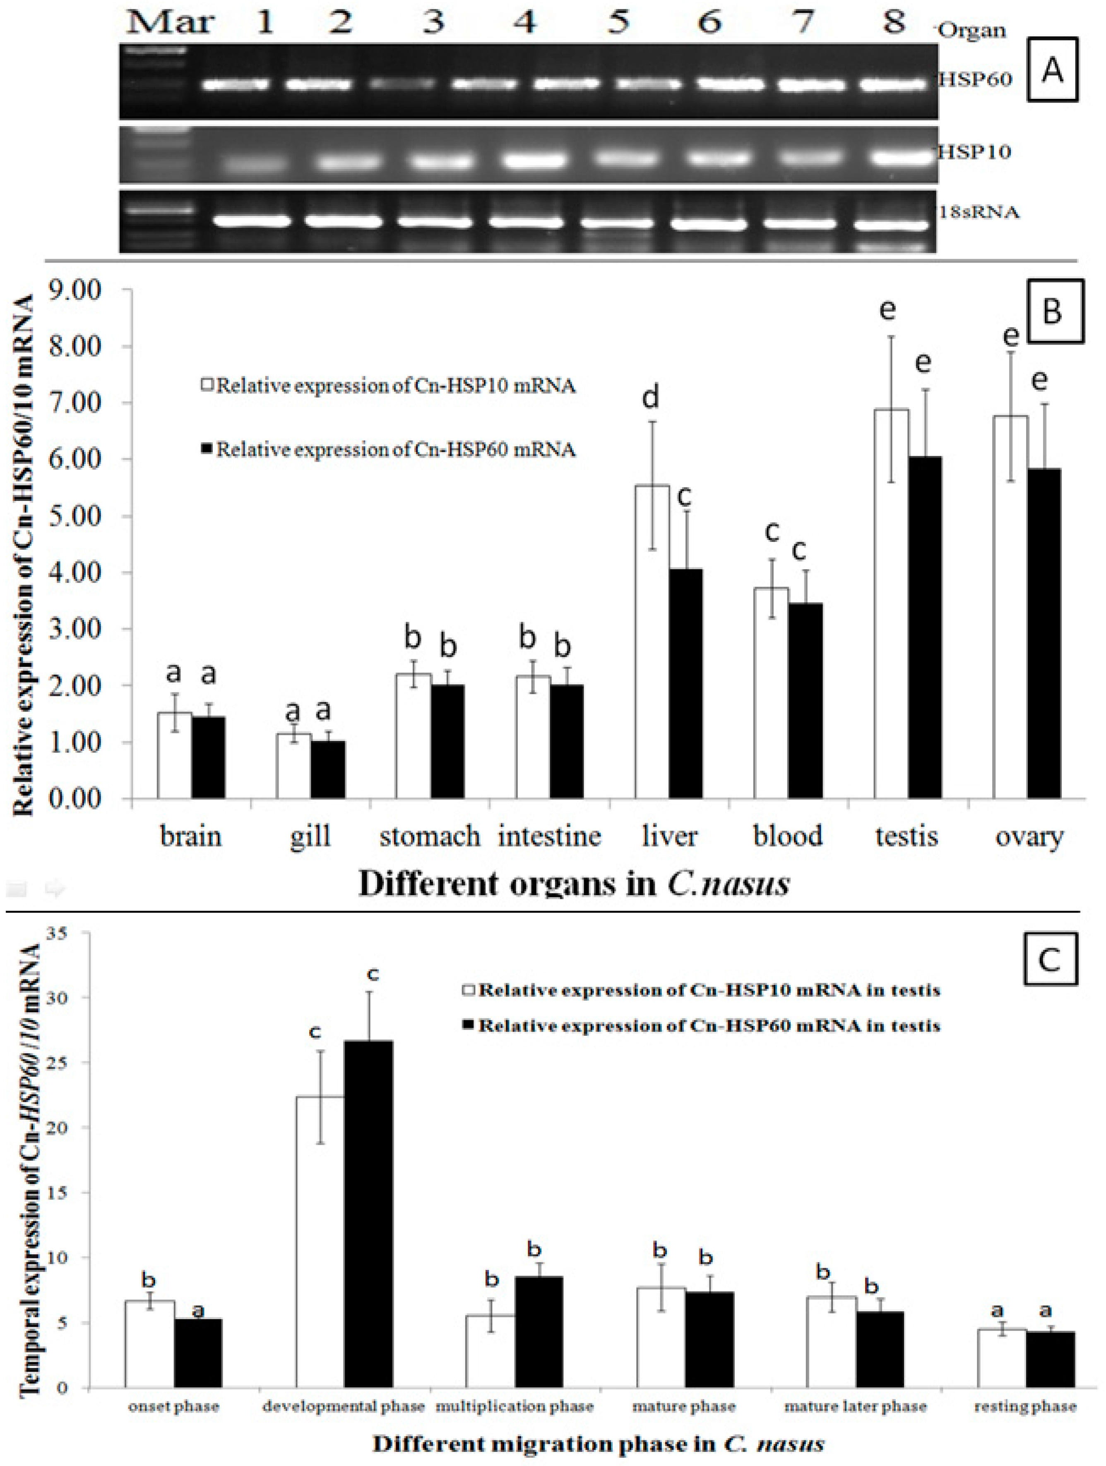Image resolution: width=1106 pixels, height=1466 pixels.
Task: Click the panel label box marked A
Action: [x=1052, y=70]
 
